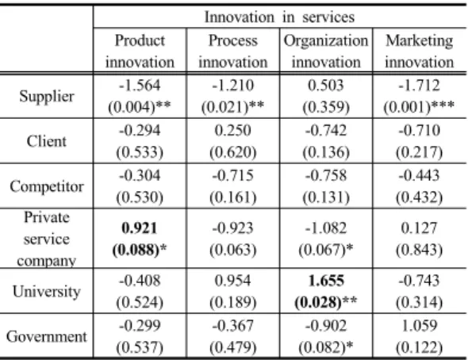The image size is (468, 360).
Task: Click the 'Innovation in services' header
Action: (279, 17)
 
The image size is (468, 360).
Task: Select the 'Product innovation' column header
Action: (140, 52)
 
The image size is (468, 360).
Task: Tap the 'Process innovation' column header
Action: (232, 52)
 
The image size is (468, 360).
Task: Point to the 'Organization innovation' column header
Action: (326, 52)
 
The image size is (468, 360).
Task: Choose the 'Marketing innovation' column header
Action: (419, 52)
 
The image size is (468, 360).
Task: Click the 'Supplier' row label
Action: (47, 96)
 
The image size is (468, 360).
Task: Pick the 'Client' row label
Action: (47, 141)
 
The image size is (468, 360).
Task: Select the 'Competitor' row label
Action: (47, 186)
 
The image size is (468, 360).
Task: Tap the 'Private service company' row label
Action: (47, 239)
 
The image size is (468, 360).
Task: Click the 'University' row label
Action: (47, 291)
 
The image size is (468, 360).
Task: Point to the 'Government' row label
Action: (47, 336)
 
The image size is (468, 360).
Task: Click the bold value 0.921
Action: (140, 228)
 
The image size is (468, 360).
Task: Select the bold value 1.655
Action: (326, 281)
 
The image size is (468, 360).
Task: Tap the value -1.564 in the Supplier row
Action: (140, 86)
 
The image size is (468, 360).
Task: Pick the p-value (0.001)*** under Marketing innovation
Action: (419, 107)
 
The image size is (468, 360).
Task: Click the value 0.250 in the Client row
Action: (232, 131)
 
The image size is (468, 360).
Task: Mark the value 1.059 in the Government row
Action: (419, 326)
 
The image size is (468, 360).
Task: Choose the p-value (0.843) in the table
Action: (419, 250)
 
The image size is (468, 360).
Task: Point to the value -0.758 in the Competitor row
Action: (326, 175)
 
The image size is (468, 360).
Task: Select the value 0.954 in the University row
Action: (232, 281)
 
